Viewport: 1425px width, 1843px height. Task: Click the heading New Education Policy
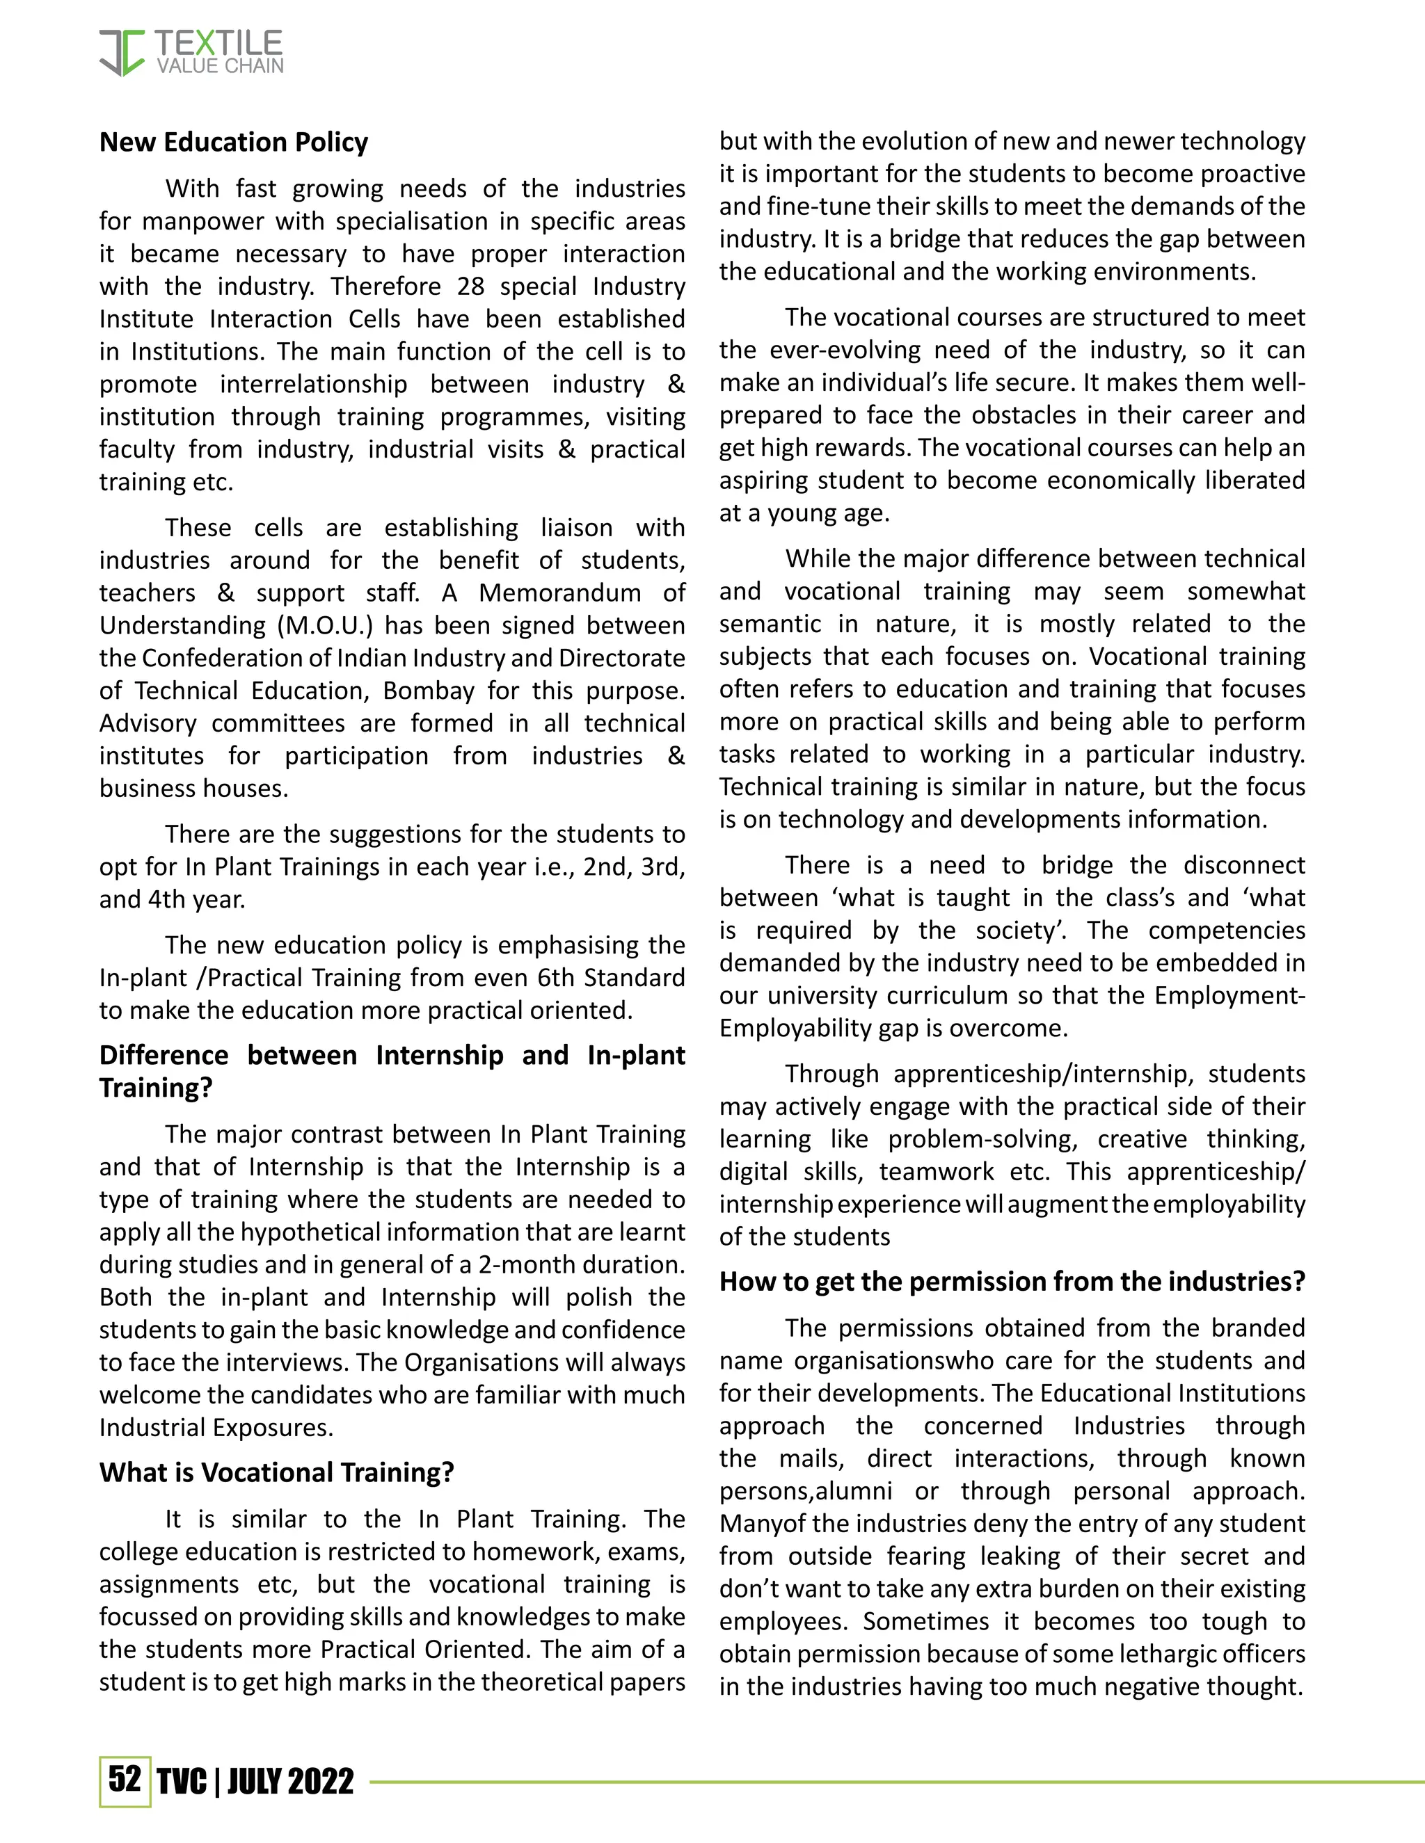click(233, 142)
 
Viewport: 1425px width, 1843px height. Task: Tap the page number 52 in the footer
click(124, 1779)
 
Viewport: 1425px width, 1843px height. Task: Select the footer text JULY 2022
click(290, 1781)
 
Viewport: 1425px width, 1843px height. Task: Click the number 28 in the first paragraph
click(471, 286)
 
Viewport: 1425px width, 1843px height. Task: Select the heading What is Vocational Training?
click(277, 1472)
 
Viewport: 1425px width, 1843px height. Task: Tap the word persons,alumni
click(805, 1490)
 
